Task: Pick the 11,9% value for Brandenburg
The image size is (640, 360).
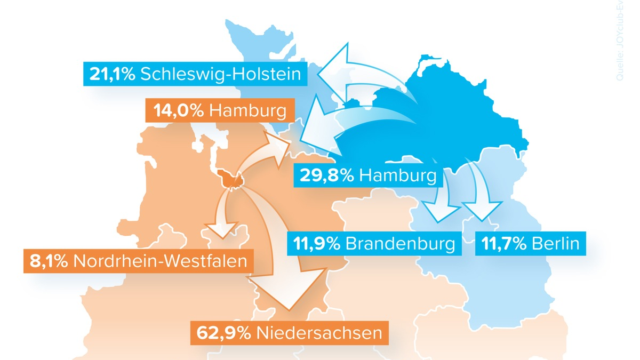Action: point(317,244)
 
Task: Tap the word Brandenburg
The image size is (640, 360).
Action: point(400,244)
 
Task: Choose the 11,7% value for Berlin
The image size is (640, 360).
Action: point(505,244)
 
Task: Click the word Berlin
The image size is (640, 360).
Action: point(555,244)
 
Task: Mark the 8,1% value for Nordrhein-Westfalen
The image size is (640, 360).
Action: point(46,261)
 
